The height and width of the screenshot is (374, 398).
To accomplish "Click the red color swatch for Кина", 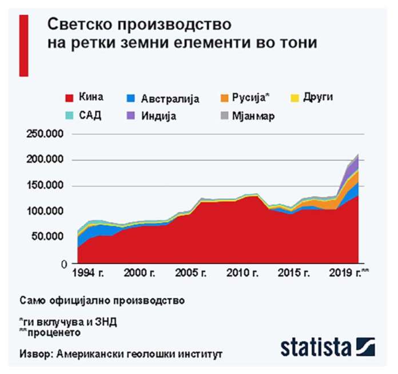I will pos(70,98).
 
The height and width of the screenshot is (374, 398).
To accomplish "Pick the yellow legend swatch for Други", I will pos(299,98).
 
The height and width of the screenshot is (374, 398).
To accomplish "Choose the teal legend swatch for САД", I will pos(70,116).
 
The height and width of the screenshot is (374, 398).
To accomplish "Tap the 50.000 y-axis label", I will pos(47,237).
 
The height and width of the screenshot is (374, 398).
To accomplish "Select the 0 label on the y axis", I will pos(65,264).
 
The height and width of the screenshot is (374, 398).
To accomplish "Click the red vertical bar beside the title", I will pos(24,45).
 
